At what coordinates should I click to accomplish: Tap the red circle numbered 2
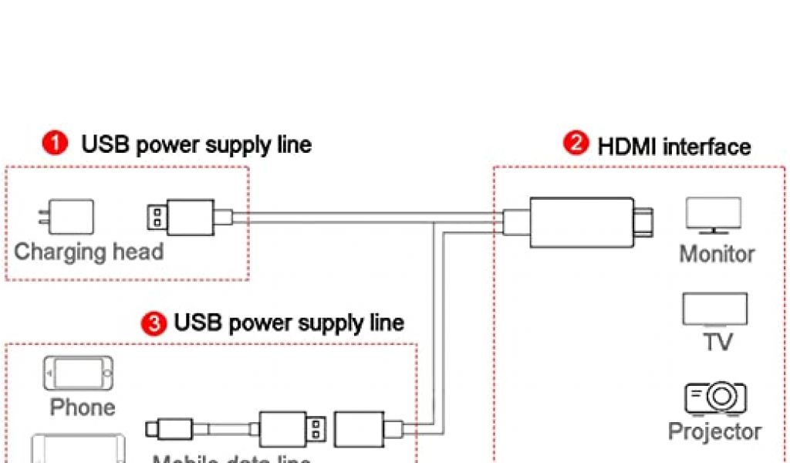(576, 144)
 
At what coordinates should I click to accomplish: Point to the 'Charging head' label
(89, 252)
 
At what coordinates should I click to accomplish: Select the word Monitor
(717, 254)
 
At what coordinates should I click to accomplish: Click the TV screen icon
(714, 309)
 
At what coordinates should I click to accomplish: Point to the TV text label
(717, 342)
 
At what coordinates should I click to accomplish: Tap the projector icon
(714, 398)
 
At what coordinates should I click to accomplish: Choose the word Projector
(714, 431)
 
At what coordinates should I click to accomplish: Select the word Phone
(83, 407)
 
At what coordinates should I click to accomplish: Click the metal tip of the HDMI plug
(646, 222)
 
